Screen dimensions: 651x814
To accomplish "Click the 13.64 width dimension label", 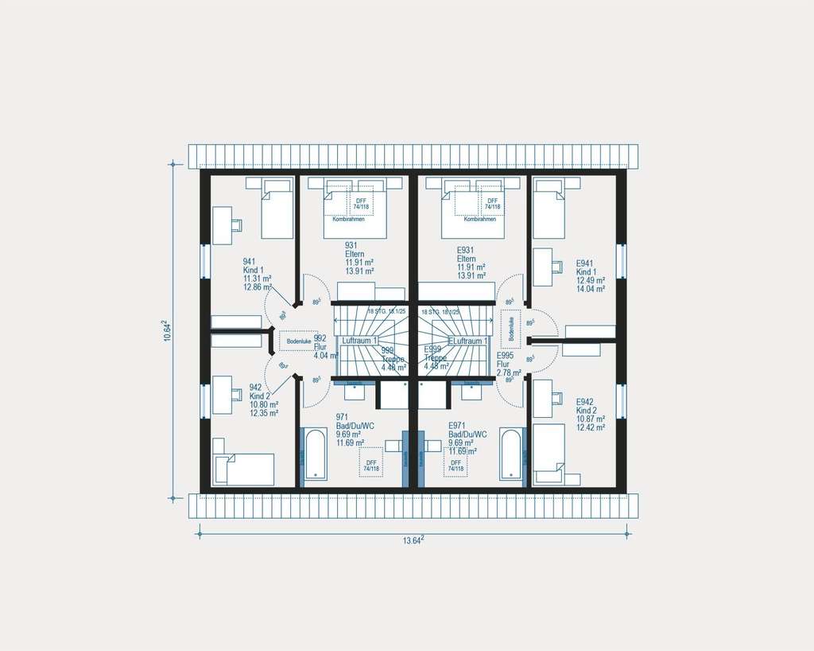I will click(x=412, y=541).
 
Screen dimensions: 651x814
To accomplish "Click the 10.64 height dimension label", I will click(x=166, y=330).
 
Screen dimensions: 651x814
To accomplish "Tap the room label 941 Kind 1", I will click(x=258, y=274).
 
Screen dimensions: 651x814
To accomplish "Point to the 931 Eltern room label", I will click(x=359, y=258).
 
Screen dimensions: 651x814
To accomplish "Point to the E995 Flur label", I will click(x=508, y=364).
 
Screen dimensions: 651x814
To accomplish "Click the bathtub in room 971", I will click(x=315, y=454).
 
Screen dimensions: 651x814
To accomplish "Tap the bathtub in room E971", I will click(x=511, y=454).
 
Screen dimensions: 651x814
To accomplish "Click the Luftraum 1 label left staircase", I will click(x=359, y=341).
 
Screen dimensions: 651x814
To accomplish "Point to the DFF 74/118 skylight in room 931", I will click(x=361, y=204).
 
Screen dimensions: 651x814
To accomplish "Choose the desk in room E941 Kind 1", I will click(x=543, y=267).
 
